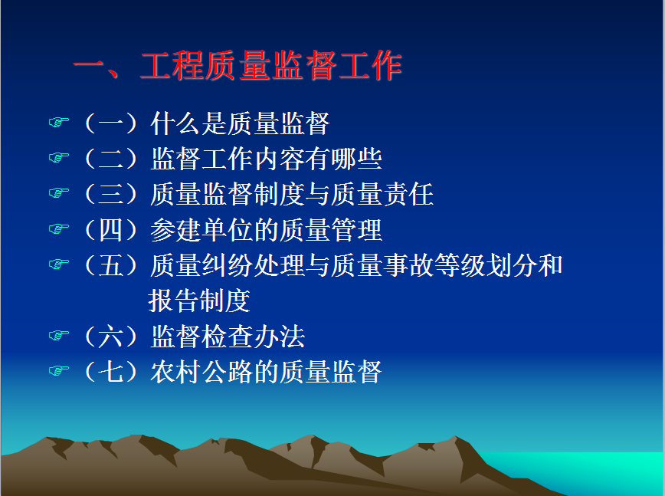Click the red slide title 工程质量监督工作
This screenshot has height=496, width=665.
click(270, 66)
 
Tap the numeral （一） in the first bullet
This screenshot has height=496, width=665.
click(111, 123)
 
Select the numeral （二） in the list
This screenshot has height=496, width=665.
click(111, 159)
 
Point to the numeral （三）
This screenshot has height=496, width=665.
click(111, 195)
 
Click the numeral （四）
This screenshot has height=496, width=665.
click(111, 230)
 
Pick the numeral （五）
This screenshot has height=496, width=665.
click(111, 265)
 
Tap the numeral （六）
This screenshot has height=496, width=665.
click(111, 337)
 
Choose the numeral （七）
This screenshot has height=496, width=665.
click(111, 372)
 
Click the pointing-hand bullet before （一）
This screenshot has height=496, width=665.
click(58, 123)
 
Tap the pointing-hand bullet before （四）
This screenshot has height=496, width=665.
click(58, 229)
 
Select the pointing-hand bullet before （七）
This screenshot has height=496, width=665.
click(58, 371)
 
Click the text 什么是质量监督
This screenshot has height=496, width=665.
click(240, 123)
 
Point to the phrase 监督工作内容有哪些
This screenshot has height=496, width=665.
click(267, 159)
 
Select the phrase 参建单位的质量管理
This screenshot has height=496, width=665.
click(267, 230)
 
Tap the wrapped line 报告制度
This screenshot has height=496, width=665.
click(199, 301)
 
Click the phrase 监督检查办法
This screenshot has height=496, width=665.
click(228, 337)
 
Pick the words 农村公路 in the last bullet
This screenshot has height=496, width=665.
click(202, 372)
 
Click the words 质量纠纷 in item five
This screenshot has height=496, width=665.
click(202, 265)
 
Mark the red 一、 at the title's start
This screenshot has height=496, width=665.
click(97, 67)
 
